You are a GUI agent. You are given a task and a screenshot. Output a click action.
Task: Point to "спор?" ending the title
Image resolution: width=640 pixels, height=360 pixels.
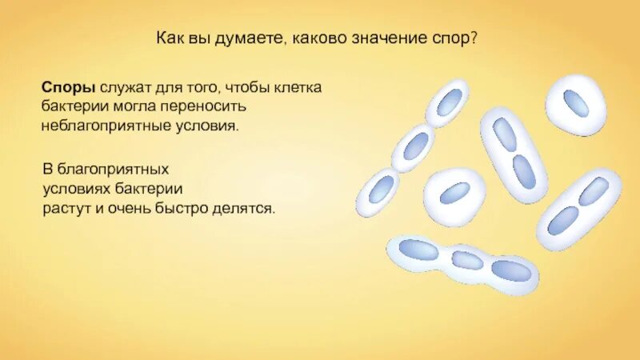(x=458, y=39)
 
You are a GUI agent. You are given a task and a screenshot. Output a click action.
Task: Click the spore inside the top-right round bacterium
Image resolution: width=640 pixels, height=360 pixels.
(x=576, y=103)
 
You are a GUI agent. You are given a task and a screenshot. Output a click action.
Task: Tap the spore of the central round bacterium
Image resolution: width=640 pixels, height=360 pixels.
(x=454, y=193)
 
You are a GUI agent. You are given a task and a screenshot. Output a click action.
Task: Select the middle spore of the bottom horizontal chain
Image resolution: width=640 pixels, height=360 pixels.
(x=467, y=260)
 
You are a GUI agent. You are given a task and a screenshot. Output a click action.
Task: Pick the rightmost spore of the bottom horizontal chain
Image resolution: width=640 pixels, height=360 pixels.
(x=511, y=270)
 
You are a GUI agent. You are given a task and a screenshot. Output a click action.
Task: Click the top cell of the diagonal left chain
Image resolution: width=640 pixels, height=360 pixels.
(x=448, y=102)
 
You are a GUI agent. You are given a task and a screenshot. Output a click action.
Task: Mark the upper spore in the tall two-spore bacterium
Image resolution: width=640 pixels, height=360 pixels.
(x=505, y=134)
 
